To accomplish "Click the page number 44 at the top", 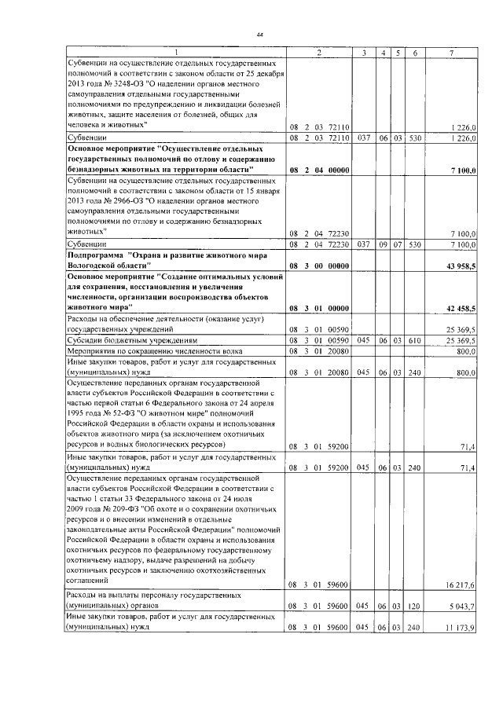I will (x=259, y=35).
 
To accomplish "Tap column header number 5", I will (x=398, y=52).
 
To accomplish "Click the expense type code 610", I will (x=415, y=340).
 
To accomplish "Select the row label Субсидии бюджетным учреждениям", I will (x=130, y=340).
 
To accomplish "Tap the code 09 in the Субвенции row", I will (x=382, y=245).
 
